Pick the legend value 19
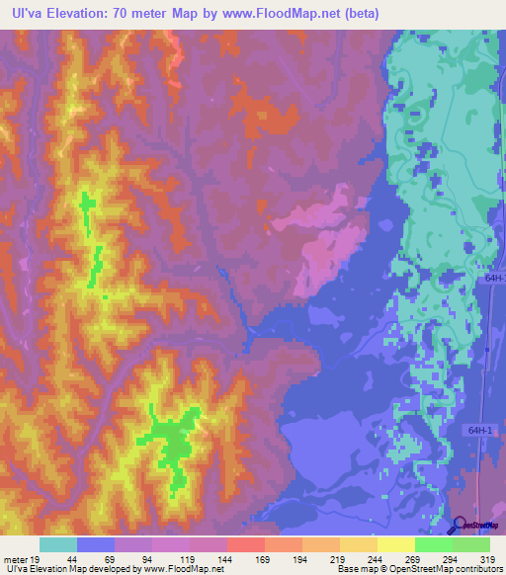click(x=35, y=559)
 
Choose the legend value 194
click(x=302, y=559)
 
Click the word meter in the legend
click(x=14, y=559)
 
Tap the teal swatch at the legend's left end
click(x=58, y=544)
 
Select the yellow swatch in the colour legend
click(x=395, y=544)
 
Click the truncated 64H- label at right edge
click(x=495, y=280)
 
